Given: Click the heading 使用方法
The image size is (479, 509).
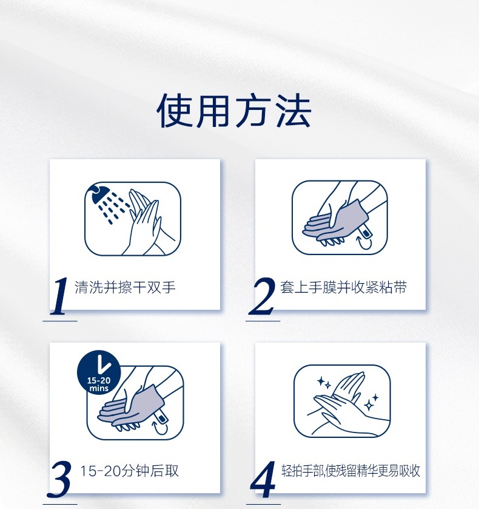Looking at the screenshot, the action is click(234, 111).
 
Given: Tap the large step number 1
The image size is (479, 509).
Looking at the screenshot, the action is click(59, 296).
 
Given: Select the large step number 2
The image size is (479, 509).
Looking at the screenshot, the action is click(261, 296).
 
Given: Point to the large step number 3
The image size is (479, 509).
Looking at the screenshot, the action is click(59, 479).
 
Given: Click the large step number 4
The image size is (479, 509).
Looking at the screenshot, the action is click(263, 479).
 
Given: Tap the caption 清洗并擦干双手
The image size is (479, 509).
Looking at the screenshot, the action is click(125, 287).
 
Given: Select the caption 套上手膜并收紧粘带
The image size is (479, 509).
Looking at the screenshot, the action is click(343, 287).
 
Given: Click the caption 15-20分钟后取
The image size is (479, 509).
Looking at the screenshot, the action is click(129, 471).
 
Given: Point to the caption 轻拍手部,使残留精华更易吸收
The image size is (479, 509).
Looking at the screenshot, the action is click(350, 471).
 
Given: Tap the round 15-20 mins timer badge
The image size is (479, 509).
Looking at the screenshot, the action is click(99, 372).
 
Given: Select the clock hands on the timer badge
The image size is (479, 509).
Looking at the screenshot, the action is click(103, 364).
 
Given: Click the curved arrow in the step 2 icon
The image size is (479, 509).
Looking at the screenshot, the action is click(364, 244).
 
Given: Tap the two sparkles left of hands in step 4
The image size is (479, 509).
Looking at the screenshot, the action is click(324, 383).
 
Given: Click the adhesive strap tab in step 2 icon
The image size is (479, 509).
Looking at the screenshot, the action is click(365, 231).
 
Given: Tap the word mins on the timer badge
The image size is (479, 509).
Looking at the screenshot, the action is click(99, 388).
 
